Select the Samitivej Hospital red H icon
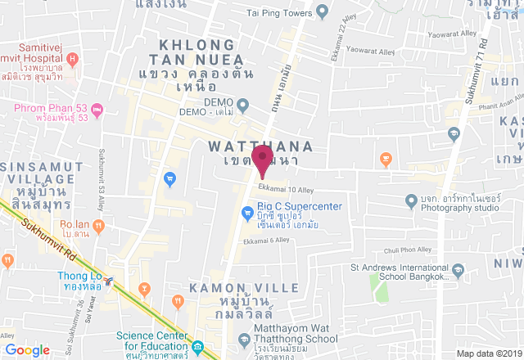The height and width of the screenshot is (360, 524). (x=72, y=58)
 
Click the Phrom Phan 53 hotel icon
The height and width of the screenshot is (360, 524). (x=97, y=109)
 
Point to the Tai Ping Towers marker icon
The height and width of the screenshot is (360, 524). (x=322, y=12)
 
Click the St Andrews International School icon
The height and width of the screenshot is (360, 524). (x=459, y=269)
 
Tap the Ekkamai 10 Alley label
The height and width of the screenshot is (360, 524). (x=280, y=191)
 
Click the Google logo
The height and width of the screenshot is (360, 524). (x=28, y=350)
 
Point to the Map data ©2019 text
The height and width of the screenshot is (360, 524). (x=488, y=353)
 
